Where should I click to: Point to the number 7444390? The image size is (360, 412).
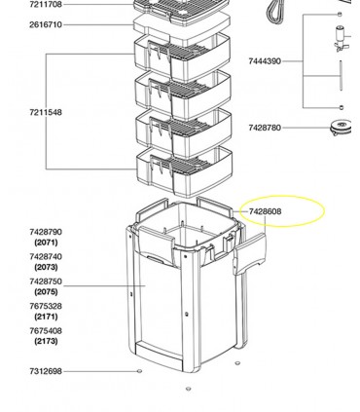pyautogui.click(x=265, y=61)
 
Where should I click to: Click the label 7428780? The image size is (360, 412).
pyautogui.click(x=265, y=128)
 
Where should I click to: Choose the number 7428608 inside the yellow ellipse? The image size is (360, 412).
pyautogui.click(x=266, y=211)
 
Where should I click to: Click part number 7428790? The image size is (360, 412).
pyautogui.click(x=46, y=232)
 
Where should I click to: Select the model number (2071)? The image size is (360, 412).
pyautogui.click(x=46, y=243)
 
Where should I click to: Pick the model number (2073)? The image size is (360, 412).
pyautogui.click(x=46, y=267)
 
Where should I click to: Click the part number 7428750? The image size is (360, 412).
pyautogui.click(x=46, y=281)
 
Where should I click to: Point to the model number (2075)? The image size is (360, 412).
pyautogui.click(x=46, y=292)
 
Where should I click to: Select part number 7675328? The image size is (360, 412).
pyautogui.click(x=46, y=307)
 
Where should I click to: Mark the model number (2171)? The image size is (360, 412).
pyautogui.click(x=46, y=318)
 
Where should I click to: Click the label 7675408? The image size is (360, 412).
pyautogui.click(x=46, y=331)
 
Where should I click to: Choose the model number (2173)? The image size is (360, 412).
pyautogui.click(x=46, y=342)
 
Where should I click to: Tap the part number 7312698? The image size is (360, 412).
pyautogui.click(x=46, y=371)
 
